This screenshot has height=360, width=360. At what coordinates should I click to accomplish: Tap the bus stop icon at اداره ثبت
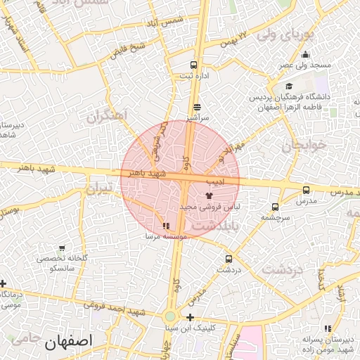pyautogui.click(x=194, y=65)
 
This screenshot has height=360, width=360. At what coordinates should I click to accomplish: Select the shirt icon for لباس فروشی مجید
pyautogui.click(x=207, y=195)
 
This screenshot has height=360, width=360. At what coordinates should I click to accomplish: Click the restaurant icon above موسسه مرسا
pyautogui.click(x=166, y=226)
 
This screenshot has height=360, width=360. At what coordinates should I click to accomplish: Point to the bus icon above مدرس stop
pyautogui.click(x=306, y=190)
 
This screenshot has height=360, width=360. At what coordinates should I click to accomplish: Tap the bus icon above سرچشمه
pyautogui.click(x=274, y=207)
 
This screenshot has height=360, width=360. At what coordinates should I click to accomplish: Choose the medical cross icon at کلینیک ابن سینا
pyautogui.click(x=191, y=317)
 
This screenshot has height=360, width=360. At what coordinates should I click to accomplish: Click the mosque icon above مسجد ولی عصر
pyautogui.click(x=304, y=55)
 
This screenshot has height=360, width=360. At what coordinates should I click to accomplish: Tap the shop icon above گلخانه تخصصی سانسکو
pyautogui.click(x=63, y=248)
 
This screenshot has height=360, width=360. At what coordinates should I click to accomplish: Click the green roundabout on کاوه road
pyautogui.click(x=170, y=316)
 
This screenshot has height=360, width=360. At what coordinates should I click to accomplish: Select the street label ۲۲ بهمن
pyautogui.click(x=233, y=35)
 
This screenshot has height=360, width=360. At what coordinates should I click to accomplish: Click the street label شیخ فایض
pyautogui.click(x=129, y=51)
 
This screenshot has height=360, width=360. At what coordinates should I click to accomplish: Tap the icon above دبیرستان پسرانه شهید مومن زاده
pyautogui.click(x=328, y=328)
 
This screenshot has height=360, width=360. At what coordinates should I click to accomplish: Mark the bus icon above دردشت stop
pyautogui.click(x=229, y=259)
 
